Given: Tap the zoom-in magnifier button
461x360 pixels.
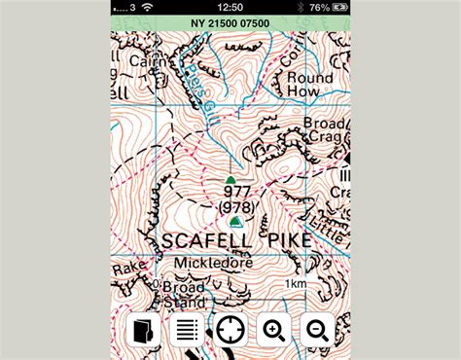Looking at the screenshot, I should coord(274,331).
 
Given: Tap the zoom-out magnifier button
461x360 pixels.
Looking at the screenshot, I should coord(318,331).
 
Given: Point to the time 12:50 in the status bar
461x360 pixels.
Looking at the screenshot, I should coord(230,7).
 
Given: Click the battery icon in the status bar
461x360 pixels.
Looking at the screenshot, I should coord(337,7).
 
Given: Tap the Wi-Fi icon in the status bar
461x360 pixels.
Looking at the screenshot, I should coord(148,7).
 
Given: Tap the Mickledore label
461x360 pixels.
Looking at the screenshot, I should coord(213,263).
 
